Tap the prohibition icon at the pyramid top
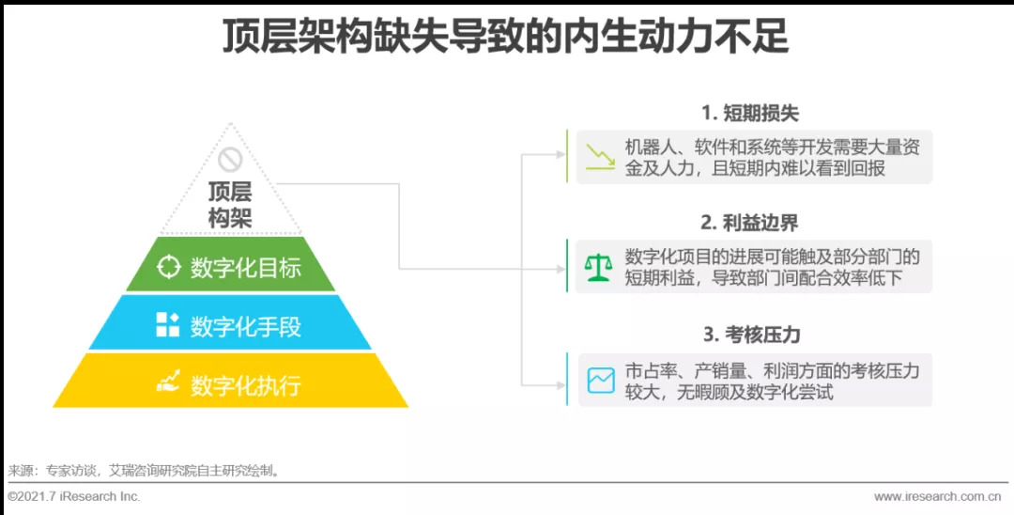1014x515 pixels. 230,160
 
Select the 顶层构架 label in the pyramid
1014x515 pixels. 230,205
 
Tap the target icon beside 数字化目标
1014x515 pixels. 168,267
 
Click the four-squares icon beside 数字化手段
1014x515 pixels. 168,325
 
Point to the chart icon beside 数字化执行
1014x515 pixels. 168,382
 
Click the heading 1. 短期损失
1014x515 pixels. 749,114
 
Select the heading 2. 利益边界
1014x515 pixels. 749,223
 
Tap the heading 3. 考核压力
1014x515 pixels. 749,334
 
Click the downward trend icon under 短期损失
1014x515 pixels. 599,157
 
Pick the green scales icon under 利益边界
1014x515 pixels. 598,267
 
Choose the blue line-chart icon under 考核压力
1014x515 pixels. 599,380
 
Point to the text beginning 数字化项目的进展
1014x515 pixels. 772,266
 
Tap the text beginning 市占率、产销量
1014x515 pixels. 772,381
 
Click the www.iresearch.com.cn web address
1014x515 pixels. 937,496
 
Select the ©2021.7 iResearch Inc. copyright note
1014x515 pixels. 74,496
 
